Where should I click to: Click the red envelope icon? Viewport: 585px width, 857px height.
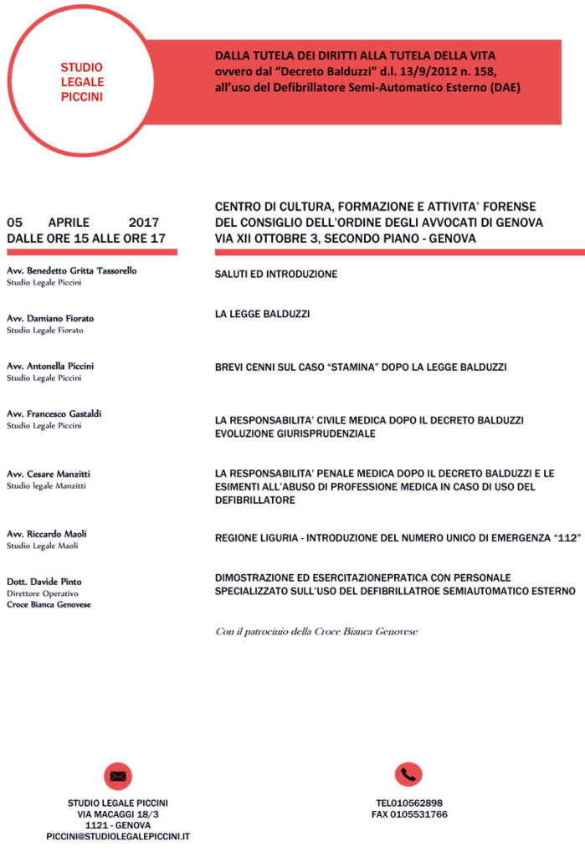pyautogui.click(x=118, y=775)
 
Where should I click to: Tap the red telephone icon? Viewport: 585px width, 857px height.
pyautogui.click(x=408, y=775)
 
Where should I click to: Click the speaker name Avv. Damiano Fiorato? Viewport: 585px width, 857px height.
pyautogui.click(x=50, y=319)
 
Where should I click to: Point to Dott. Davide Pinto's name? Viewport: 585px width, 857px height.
pyautogui.click(x=44, y=582)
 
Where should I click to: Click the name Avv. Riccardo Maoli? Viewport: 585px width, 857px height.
pyautogui.click(x=47, y=534)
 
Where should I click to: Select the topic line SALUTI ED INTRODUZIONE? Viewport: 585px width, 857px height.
pyautogui.click(x=275, y=274)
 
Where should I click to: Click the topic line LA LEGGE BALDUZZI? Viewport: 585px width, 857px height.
pyautogui.click(x=262, y=314)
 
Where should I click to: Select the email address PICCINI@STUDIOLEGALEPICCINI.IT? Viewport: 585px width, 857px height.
pyautogui.click(x=118, y=836)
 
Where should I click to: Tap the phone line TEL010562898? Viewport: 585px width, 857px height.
pyautogui.click(x=409, y=803)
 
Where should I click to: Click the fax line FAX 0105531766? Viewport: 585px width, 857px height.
pyautogui.click(x=409, y=814)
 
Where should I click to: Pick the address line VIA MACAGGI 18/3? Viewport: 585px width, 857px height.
pyautogui.click(x=118, y=814)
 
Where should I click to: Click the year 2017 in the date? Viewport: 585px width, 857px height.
pyautogui.click(x=144, y=223)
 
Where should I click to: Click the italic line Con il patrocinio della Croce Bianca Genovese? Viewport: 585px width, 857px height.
pyautogui.click(x=316, y=631)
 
